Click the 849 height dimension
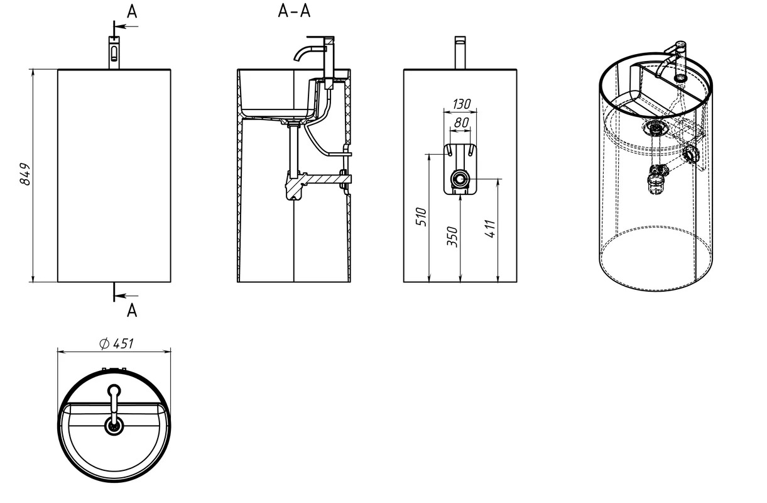coord(25,174)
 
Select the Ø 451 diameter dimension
coord(116,343)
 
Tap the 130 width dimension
coord(462,104)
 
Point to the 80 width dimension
coord(461,123)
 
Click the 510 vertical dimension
coord(421,216)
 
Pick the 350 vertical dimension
coord(452,236)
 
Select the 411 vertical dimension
coord(490,229)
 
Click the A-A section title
coord(294,11)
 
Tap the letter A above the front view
coord(132,12)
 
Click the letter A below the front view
coord(132,311)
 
